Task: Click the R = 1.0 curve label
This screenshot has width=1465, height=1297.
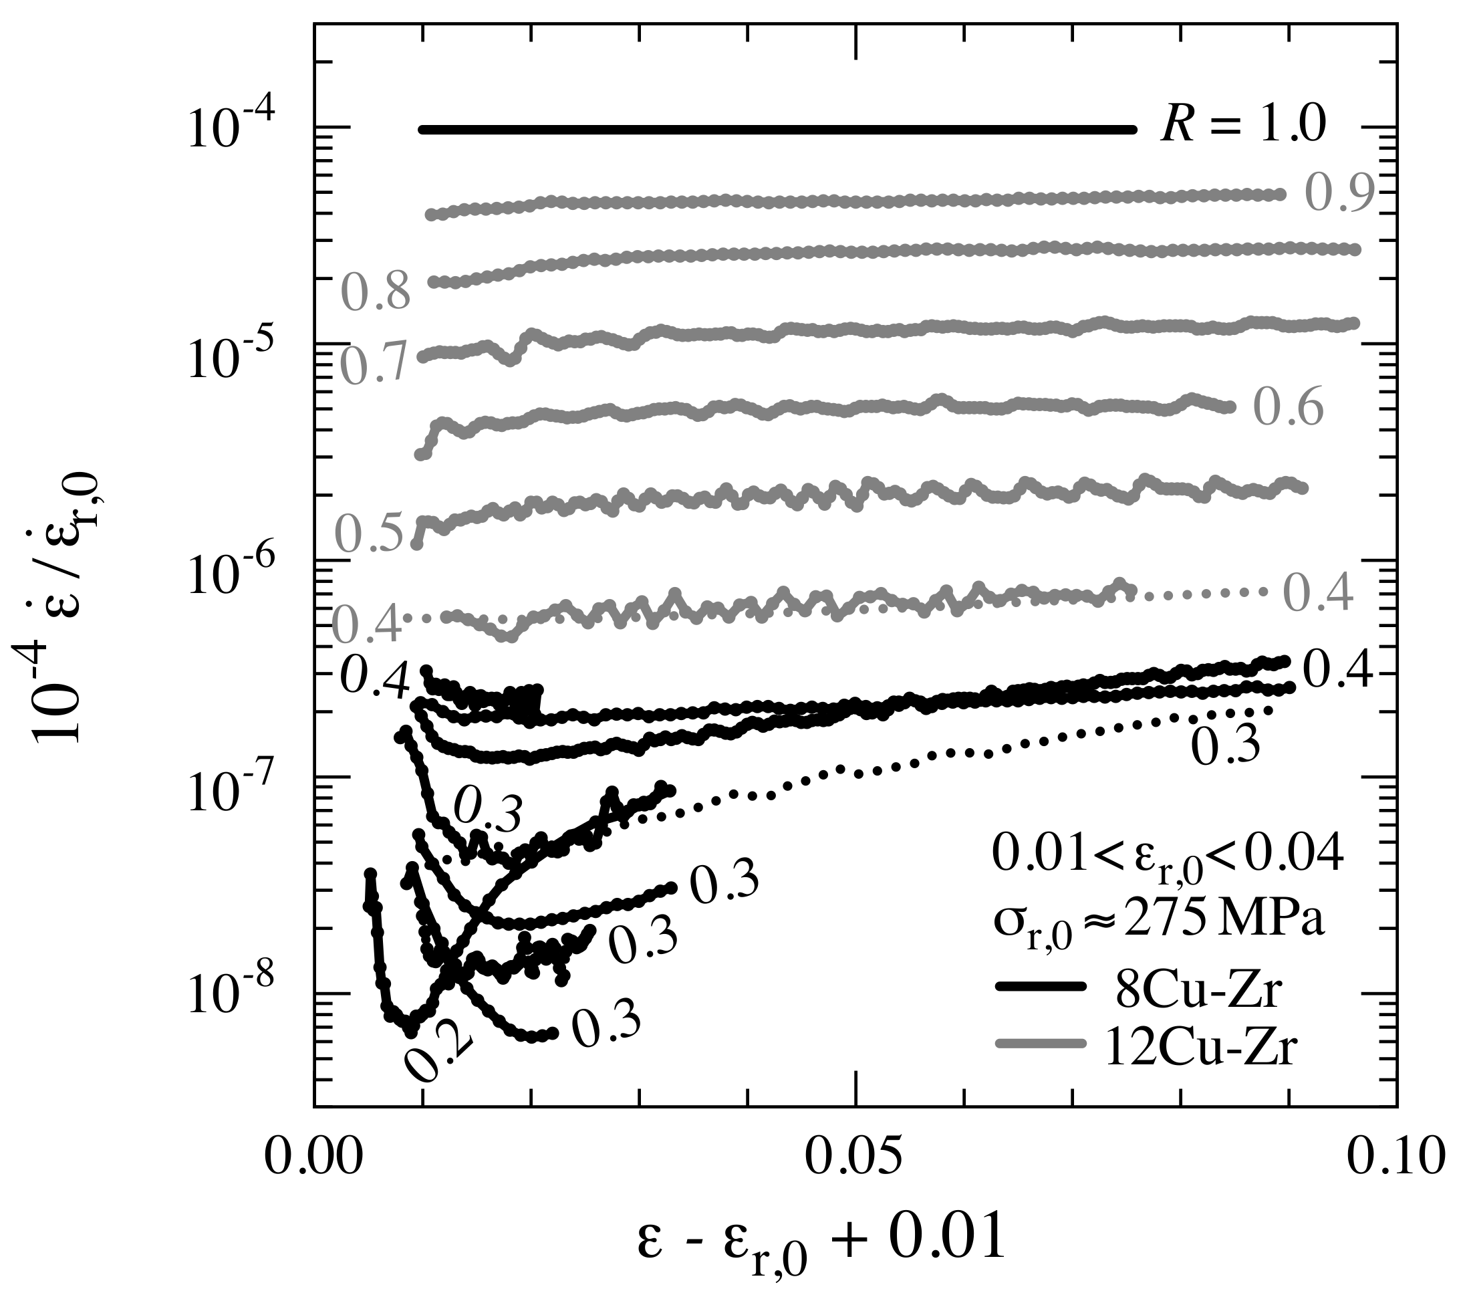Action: (x=1244, y=126)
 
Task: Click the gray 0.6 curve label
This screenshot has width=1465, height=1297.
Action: (x=1288, y=409)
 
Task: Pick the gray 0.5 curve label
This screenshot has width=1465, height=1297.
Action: (x=372, y=535)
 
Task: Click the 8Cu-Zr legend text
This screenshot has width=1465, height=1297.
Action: (x=1202, y=990)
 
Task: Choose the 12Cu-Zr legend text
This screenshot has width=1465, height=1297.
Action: (x=1202, y=1051)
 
